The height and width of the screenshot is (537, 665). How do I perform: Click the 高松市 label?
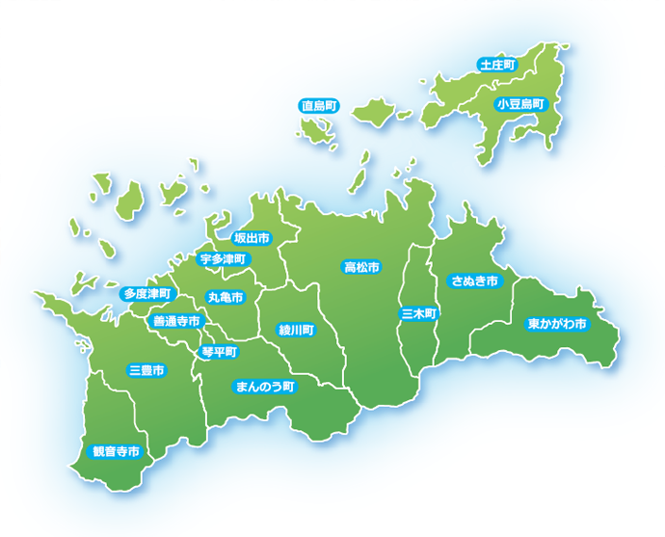pyautogui.click(x=361, y=266)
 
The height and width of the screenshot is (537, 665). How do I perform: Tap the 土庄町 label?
pyautogui.click(x=497, y=65)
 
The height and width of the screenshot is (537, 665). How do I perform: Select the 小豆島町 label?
pyautogui.click(x=520, y=102)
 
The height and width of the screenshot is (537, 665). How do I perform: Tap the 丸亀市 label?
pyautogui.click(x=225, y=297)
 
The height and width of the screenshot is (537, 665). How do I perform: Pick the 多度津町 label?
pyautogui.click(x=147, y=292)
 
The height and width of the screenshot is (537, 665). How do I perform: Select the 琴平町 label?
pyautogui.click(x=219, y=352)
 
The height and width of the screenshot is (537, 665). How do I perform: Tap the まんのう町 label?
pyautogui.click(x=266, y=387)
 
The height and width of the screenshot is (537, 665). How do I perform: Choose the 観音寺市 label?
pyautogui.click(x=115, y=450)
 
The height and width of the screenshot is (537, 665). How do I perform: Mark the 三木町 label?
pyautogui.click(x=419, y=313)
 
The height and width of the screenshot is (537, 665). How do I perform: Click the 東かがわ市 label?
pyautogui.click(x=557, y=324)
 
